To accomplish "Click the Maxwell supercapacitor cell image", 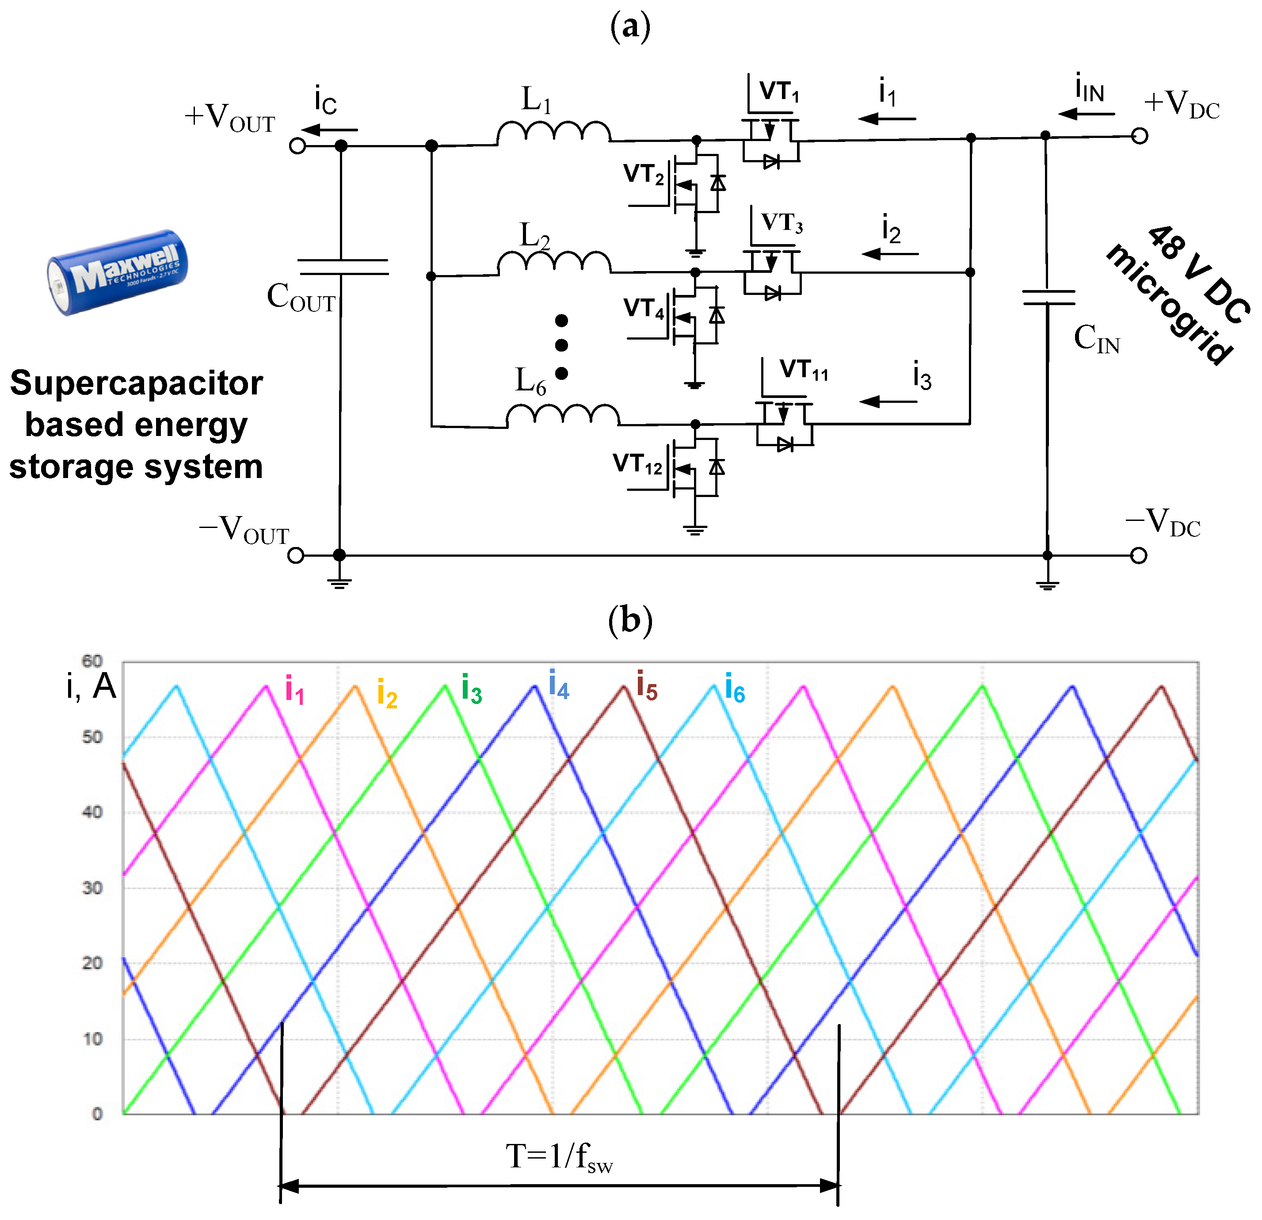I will (x=118, y=272).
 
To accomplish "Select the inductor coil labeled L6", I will (x=562, y=416).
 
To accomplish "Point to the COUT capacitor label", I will (x=301, y=298).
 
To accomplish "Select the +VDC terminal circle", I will (x=1140, y=136).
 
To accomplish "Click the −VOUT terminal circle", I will (x=296, y=555).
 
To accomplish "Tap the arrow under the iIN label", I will (x=1087, y=114).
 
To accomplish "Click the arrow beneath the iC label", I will (x=329, y=130).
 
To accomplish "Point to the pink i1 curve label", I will (x=294, y=690).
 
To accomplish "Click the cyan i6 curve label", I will (x=735, y=688).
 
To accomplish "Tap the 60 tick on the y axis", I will (x=92, y=661).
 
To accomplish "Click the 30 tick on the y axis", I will (x=92, y=888).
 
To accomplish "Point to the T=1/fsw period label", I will (x=559, y=1156).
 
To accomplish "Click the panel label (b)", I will (x=630, y=620).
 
